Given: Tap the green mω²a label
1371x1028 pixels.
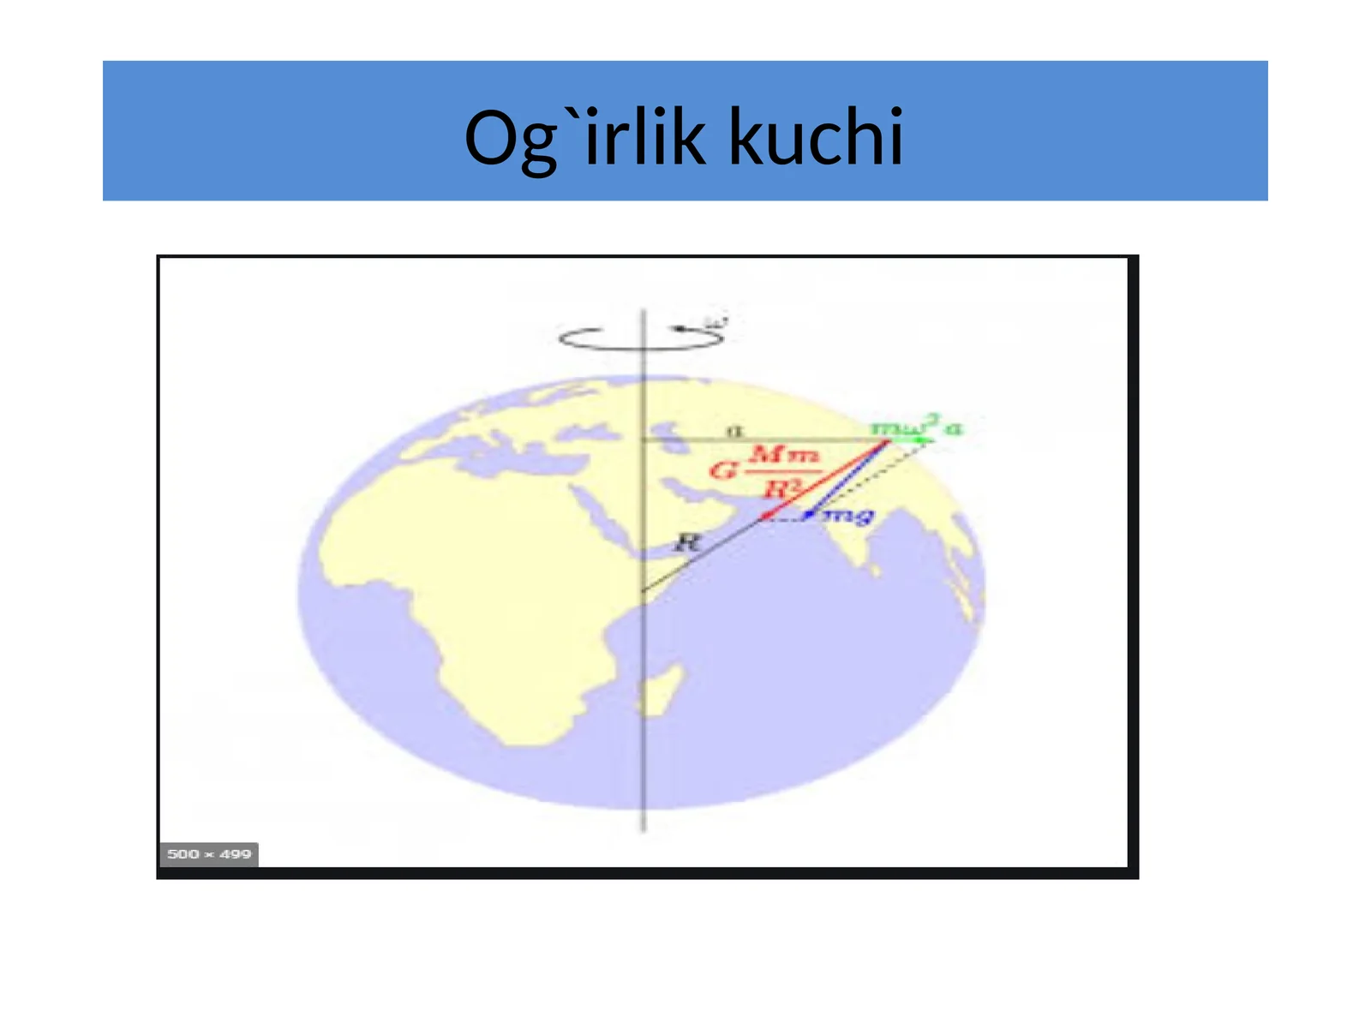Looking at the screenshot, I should [x=915, y=426].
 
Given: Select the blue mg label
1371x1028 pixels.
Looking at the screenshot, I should [x=849, y=515].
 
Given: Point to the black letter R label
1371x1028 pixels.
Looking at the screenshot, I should [x=687, y=541].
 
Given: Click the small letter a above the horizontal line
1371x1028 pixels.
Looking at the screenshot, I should [x=734, y=430].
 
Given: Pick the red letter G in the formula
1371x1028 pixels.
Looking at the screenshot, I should [x=723, y=470].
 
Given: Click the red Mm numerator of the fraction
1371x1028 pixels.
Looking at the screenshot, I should [x=784, y=453].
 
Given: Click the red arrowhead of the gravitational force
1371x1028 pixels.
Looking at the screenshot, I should [x=765, y=516].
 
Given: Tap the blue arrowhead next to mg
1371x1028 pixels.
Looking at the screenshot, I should [x=809, y=514].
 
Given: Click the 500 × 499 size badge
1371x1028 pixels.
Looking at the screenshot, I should [x=208, y=854].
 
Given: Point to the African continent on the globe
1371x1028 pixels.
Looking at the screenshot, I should [x=480, y=591].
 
